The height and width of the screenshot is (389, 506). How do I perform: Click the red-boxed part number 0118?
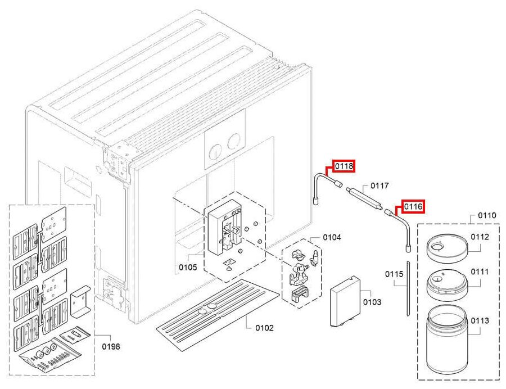[344, 166]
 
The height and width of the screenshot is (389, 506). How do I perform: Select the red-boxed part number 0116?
[413, 206]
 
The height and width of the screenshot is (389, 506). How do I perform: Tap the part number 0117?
[379, 186]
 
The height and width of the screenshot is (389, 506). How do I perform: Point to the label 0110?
[487, 215]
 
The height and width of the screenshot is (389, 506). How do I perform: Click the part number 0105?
[188, 268]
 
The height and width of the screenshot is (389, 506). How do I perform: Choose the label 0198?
[111, 346]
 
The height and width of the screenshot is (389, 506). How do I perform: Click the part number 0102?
[264, 328]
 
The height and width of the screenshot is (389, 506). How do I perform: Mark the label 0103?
[372, 302]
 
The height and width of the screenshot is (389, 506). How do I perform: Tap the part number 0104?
[332, 237]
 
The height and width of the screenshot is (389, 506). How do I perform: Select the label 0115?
[394, 274]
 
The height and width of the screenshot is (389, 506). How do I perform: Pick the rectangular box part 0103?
[344, 301]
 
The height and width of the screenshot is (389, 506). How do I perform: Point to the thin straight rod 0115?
[408, 289]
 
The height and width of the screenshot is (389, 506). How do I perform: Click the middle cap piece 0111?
[446, 284]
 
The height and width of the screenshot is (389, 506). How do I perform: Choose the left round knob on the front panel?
[215, 152]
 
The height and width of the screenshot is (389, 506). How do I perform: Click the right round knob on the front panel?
[233, 141]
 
